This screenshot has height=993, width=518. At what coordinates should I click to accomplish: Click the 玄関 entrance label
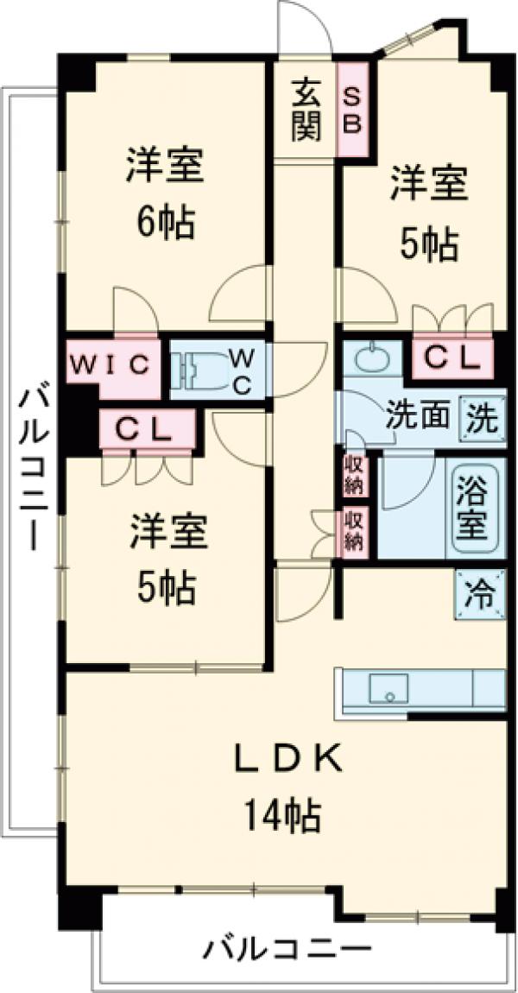[x=306, y=110]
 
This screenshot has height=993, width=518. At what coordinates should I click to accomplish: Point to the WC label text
[x=241, y=370]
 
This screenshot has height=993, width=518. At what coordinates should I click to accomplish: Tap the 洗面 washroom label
[x=418, y=417]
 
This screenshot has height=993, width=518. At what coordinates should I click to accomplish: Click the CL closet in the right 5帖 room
[x=452, y=357]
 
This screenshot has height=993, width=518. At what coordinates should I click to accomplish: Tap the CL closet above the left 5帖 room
[x=147, y=429]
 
